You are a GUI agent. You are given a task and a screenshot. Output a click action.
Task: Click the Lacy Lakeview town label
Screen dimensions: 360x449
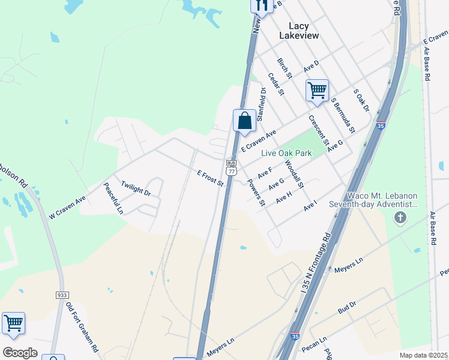pos(299,31)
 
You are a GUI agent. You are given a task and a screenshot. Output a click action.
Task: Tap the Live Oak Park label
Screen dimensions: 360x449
pos(286,153)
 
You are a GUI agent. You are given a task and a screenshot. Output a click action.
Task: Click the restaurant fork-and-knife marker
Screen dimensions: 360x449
pos(261,5)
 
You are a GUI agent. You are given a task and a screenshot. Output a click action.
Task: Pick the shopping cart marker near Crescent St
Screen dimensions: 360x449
pos(316,91)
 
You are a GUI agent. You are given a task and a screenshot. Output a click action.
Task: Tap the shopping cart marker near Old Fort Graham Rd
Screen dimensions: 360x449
pos(13,324)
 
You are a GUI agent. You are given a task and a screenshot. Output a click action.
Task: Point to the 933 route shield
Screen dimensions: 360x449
pos(62,295)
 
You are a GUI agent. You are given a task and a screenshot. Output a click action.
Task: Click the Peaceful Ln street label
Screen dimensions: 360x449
pos(113,199)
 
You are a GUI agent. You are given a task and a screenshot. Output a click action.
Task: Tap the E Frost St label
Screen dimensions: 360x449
pos(210,178)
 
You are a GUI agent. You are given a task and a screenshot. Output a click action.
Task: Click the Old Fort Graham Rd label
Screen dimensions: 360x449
pos(82,327)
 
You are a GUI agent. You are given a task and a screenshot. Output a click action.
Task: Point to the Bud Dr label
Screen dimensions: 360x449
pos(347,308)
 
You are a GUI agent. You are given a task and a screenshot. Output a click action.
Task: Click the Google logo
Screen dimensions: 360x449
pos(20,352)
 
